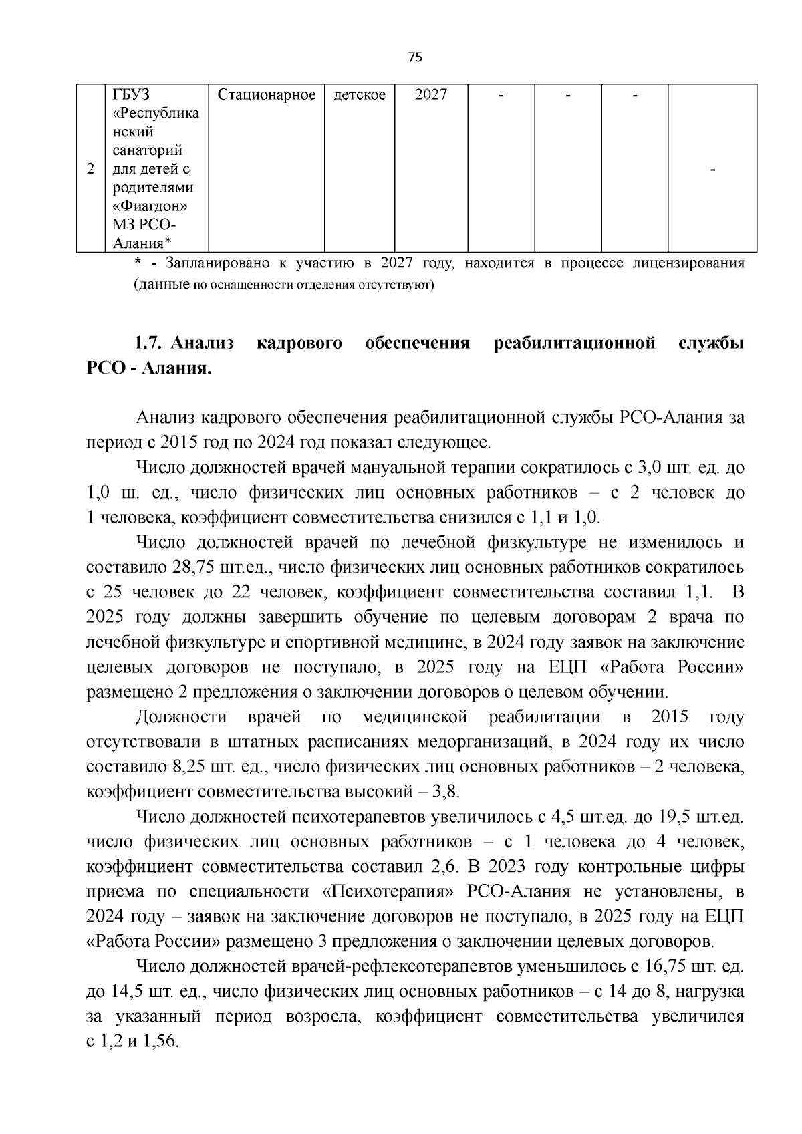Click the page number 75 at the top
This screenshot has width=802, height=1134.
414,57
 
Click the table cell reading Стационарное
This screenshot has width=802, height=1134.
267,95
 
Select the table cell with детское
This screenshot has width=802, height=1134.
360,95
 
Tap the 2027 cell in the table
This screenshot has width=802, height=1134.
430,95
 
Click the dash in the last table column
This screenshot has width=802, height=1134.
712,171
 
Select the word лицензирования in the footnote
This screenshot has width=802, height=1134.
688,263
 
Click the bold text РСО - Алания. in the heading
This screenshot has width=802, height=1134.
148,369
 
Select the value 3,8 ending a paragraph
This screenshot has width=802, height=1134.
446,792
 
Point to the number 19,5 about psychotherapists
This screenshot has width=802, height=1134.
677,817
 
